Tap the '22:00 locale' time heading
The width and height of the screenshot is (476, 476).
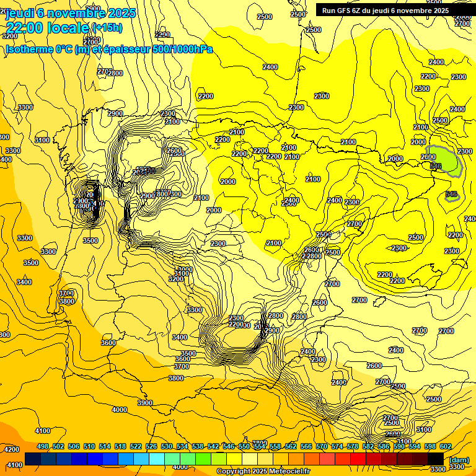[47, 28]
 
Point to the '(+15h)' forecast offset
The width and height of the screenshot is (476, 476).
[107, 28]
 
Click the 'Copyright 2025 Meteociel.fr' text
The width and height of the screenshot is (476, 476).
[263, 472]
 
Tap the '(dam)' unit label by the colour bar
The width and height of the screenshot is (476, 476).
[459, 459]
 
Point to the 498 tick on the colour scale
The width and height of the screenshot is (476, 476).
[43, 447]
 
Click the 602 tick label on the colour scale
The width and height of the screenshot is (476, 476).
[446, 447]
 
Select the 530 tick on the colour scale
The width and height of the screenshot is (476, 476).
[167, 447]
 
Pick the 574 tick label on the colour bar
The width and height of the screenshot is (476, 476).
[337, 447]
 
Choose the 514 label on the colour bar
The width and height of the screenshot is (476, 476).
[105, 447]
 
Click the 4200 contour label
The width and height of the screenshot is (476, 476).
[12, 449]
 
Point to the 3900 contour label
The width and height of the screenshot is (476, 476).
[145, 403]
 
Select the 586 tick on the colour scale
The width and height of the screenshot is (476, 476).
[384, 447]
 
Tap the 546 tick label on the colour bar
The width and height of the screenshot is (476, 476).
[229, 447]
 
